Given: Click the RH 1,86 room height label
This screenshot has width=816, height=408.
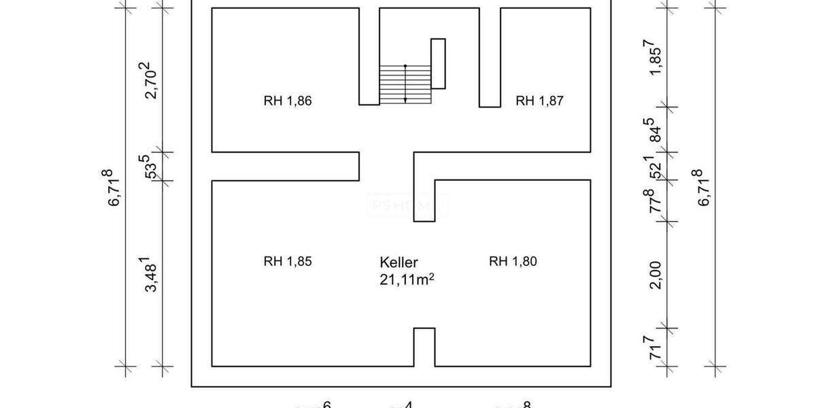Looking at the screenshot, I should pyautogui.click(x=288, y=101).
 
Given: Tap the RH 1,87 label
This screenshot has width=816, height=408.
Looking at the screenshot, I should pyautogui.click(x=541, y=101).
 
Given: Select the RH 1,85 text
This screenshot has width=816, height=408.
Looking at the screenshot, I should pyautogui.click(x=288, y=261).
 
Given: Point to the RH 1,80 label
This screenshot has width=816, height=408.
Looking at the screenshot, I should pyautogui.click(x=513, y=261).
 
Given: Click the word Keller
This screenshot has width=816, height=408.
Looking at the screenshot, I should pyautogui.click(x=398, y=262).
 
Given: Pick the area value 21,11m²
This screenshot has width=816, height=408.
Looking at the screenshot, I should pyautogui.click(x=407, y=277).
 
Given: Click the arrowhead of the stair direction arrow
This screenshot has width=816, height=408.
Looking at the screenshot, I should pyautogui.click(x=405, y=100).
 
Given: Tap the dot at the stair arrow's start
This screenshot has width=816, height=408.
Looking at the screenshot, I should pyautogui.click(x=405, y=66).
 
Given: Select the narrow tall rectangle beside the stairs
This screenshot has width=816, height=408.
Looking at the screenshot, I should pyautogui.click(x=438, y=64).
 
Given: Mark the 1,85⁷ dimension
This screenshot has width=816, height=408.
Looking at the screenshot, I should pyautogui.click(x=653, y=58).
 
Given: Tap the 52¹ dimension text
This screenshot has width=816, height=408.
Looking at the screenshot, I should pyautogui.click(x=653, y=167).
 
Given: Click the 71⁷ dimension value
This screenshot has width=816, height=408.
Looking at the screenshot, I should pyautogui.click(x=654, y=352).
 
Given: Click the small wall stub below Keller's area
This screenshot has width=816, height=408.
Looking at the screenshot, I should pyautogui.click(x=424, y=347).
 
